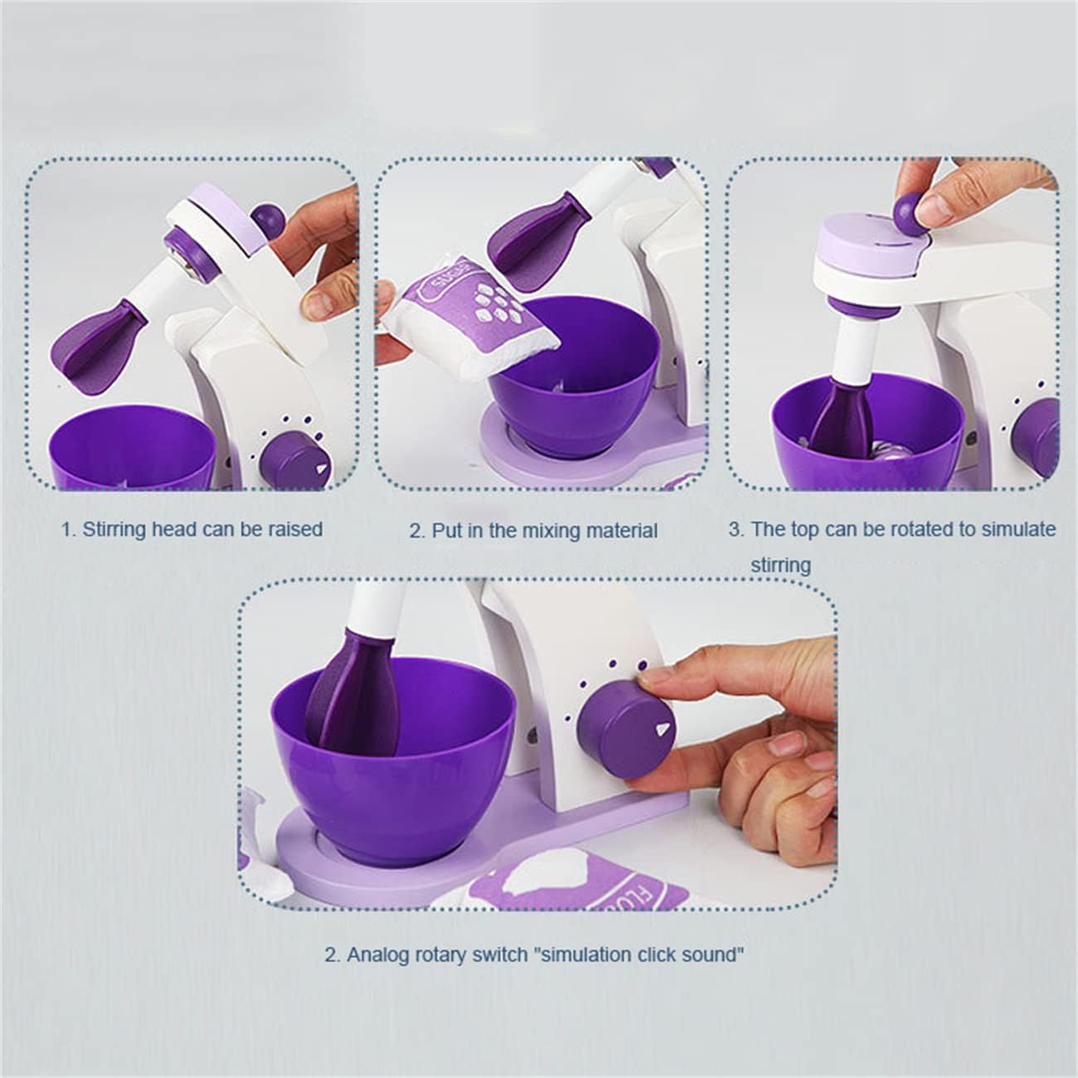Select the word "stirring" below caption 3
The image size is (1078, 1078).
coord(780,565)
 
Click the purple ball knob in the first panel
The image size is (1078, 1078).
coord(268,218)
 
